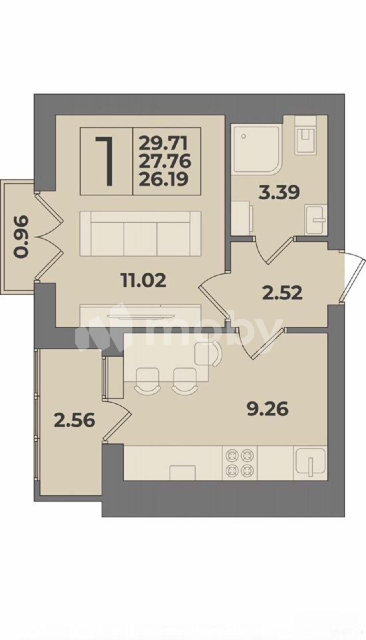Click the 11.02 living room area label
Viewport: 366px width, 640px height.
click(x=143, y=280)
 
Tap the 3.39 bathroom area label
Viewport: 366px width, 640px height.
click(x=279, y=193)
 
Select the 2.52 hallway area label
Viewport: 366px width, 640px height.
click(x=282, y=293)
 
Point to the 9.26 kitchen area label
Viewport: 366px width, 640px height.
click(x=268, y=410)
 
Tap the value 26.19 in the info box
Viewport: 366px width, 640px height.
click(x=163, y=180)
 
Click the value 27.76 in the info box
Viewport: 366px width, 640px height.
click(x=165, y=162)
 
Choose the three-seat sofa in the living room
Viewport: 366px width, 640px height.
click(x=141, y=234)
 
